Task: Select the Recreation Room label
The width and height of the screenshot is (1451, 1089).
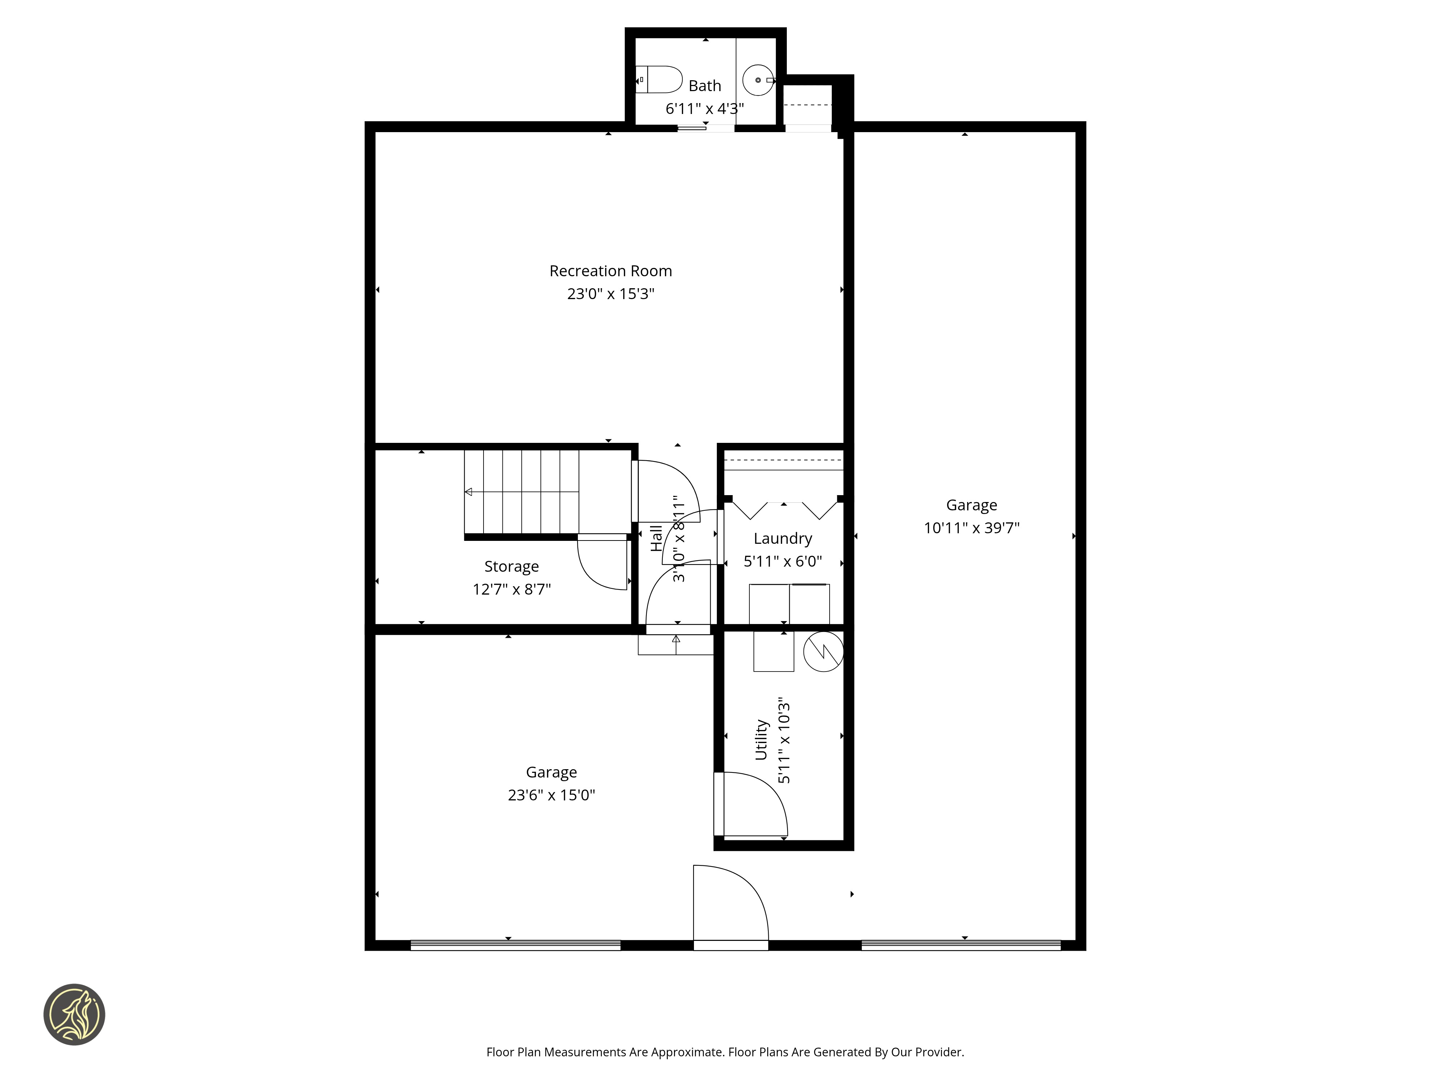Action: point(611,271)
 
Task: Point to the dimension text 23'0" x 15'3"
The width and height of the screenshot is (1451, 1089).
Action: point(611,293)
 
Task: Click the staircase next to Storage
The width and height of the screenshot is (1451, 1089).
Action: point(522,492)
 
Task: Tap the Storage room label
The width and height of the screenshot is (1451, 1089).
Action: point(511,567)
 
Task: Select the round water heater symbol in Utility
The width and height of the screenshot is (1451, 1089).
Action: point(823,651)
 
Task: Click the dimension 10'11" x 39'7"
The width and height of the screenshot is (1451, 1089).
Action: point(971,528)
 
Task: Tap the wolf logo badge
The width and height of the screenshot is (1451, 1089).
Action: point(74,1014)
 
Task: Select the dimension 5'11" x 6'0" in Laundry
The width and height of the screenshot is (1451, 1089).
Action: point(782,561)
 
